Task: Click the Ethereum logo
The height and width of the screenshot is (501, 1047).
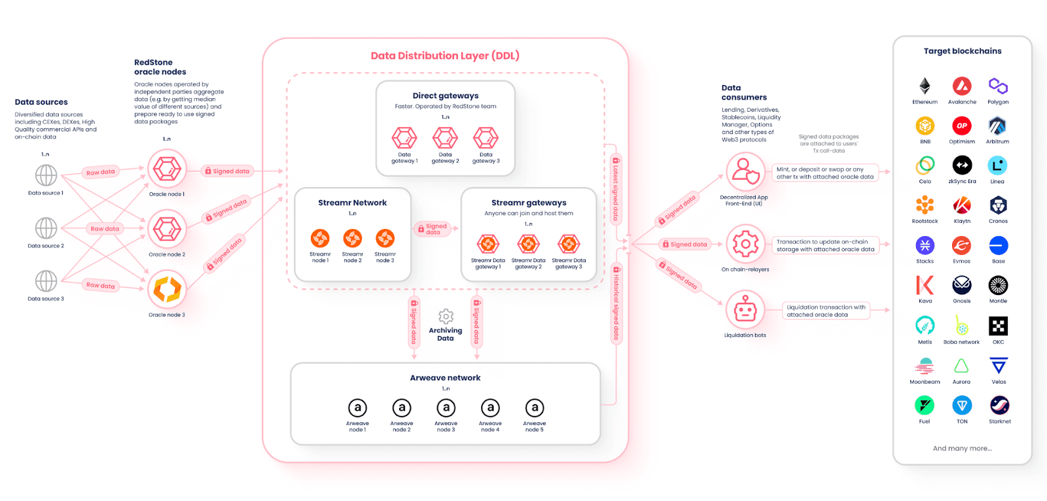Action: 925,86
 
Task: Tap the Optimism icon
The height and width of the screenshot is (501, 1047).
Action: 961,126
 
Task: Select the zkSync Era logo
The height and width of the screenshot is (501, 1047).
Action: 962,165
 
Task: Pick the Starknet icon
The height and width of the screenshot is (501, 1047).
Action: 999,406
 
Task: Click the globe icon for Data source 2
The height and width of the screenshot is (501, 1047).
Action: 46,228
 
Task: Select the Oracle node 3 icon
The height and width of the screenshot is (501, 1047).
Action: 167,289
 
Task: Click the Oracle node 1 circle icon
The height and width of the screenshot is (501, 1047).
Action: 167,169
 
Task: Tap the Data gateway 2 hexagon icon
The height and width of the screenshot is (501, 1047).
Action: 445,138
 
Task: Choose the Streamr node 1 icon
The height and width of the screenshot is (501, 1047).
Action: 320,238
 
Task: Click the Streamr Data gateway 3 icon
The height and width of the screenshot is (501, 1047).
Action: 569,244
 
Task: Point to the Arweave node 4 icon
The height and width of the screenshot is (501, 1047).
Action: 490,408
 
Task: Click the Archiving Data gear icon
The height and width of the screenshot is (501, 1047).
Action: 446,317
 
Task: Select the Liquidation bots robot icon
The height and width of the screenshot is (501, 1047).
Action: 745,310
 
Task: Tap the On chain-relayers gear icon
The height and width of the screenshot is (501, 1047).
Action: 745,245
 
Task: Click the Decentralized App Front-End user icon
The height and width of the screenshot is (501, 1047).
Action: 745,172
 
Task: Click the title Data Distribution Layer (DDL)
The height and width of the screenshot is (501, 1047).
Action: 445,56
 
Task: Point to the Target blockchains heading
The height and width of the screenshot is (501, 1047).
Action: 963,51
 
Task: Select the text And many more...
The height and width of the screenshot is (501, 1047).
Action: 962,449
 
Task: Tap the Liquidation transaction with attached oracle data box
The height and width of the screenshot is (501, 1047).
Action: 826,311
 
